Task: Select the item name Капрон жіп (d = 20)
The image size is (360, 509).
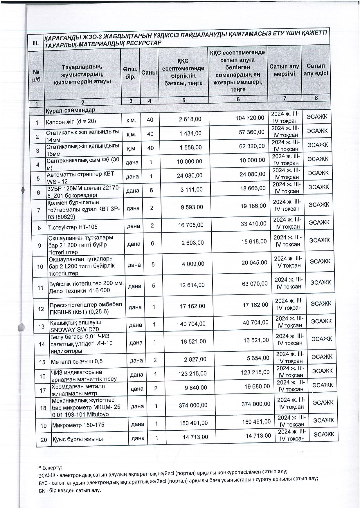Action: coord(71,122)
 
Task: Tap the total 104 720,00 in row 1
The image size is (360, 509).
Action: coord(250,118)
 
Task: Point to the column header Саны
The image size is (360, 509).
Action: coord(149,73)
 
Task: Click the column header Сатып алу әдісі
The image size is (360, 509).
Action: coord(316,70)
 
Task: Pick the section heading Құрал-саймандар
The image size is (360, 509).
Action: coord(70,111)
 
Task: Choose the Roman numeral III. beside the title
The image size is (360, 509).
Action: coord(36,43)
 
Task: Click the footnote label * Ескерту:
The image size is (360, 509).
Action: coord(50,468)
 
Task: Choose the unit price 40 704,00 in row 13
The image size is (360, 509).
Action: coord(192,324)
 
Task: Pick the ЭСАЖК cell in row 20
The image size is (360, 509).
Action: coord(324,434)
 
